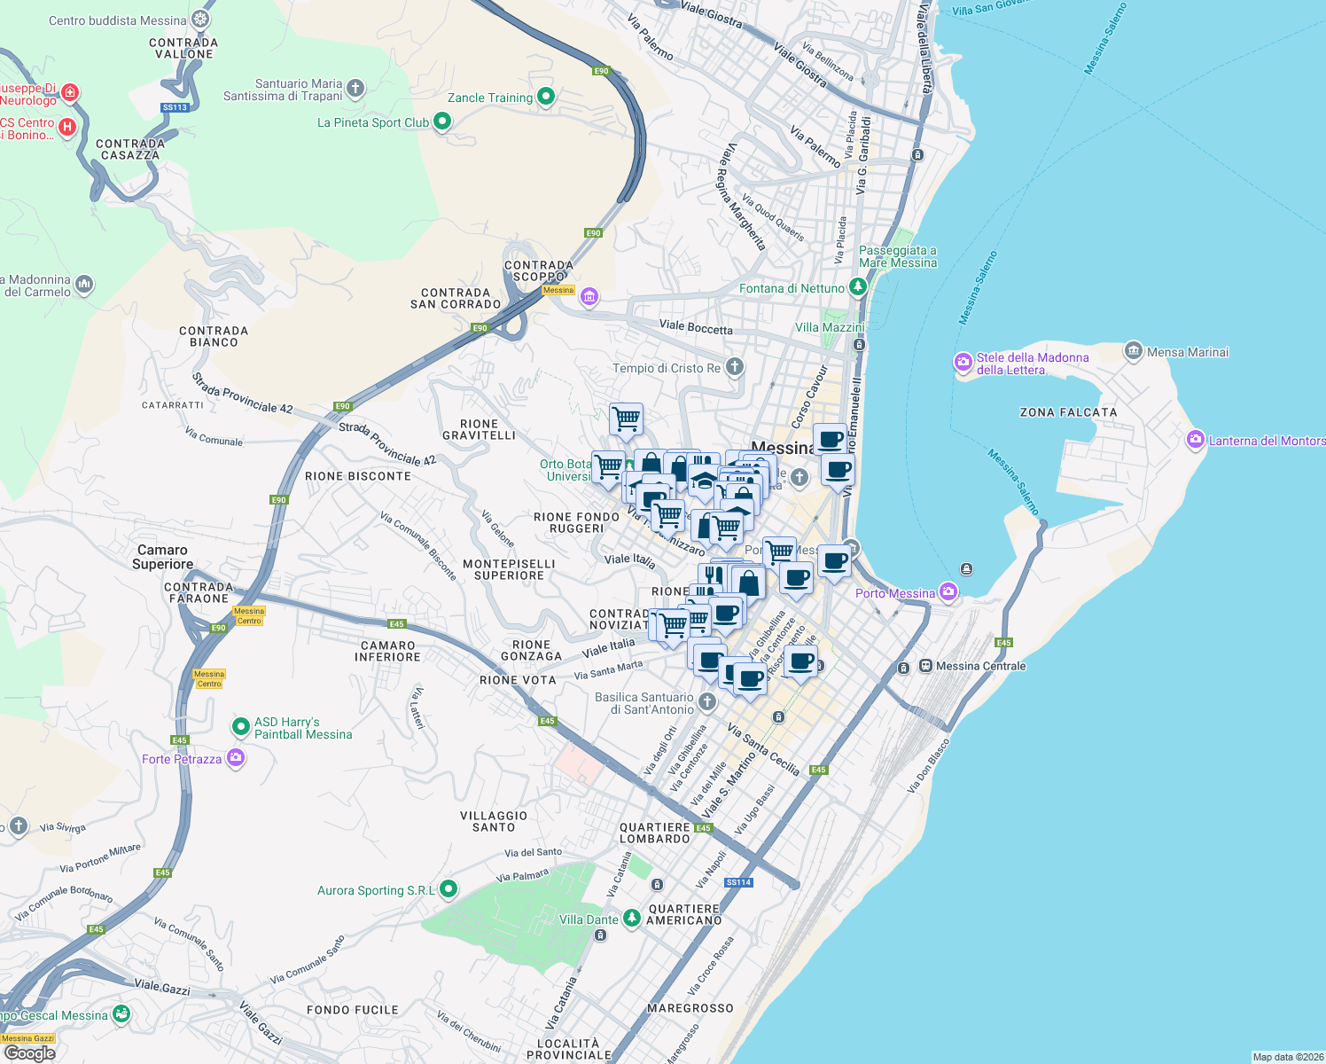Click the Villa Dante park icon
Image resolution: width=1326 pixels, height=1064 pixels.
pos(631,919)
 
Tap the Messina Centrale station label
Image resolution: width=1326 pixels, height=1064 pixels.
pos(980,666)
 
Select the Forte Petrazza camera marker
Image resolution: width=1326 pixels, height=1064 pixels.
pos(236,758)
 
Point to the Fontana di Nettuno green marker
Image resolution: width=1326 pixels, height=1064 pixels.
pos(857,287)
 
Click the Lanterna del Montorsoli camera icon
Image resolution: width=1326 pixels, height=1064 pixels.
pos(1196,440)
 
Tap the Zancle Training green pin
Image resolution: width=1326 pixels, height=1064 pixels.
pos(546,97)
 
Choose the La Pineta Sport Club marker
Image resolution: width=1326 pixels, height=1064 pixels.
pos(442,121)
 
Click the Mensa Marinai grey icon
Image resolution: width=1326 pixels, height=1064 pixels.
pos(1133,351)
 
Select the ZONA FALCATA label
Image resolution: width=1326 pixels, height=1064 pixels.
pos(1068,412)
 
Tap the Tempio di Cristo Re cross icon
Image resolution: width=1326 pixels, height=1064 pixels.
pos(734,367)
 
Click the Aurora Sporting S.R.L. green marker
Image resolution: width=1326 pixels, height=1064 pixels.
pos(448,888)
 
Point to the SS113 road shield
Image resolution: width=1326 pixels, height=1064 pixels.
pos(175,107)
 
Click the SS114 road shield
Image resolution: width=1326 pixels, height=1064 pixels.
pos(738,882)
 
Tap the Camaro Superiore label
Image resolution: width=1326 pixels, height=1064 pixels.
pos(163,557)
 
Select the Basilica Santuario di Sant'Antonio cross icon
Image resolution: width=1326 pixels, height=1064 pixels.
pos(706,702)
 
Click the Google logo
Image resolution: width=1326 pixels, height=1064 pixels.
pos(30,1052)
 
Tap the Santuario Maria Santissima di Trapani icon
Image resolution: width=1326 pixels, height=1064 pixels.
pos(355,88)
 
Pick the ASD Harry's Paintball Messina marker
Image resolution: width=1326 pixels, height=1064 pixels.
pos(240,727)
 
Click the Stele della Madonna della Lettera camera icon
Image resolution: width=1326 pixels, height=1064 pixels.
pos(963,362)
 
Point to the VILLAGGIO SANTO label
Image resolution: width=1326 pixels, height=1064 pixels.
pos(494,821)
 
